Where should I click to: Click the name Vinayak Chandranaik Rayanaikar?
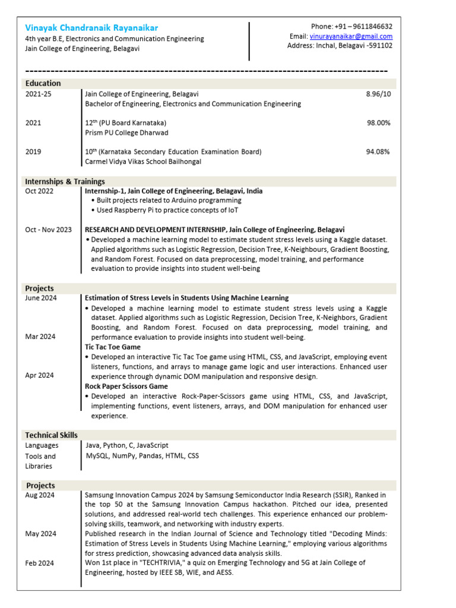click(91, 27)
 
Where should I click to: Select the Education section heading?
click(43, 83)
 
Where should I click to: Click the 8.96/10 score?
click(378, 94)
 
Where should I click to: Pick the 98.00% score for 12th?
click(378, 123)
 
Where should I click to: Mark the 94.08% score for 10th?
click(378, 151)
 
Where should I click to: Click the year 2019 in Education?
click(33, 151)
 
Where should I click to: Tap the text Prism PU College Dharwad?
click(126, 132)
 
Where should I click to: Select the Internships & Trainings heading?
click(65, 181)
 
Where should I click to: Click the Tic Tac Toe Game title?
click(113, 346)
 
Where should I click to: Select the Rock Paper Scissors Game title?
click(126, 386)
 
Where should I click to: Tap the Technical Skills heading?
click(51, 435)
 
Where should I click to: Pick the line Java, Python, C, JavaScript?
click(127, 445)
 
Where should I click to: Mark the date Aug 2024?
click(40, 495)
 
